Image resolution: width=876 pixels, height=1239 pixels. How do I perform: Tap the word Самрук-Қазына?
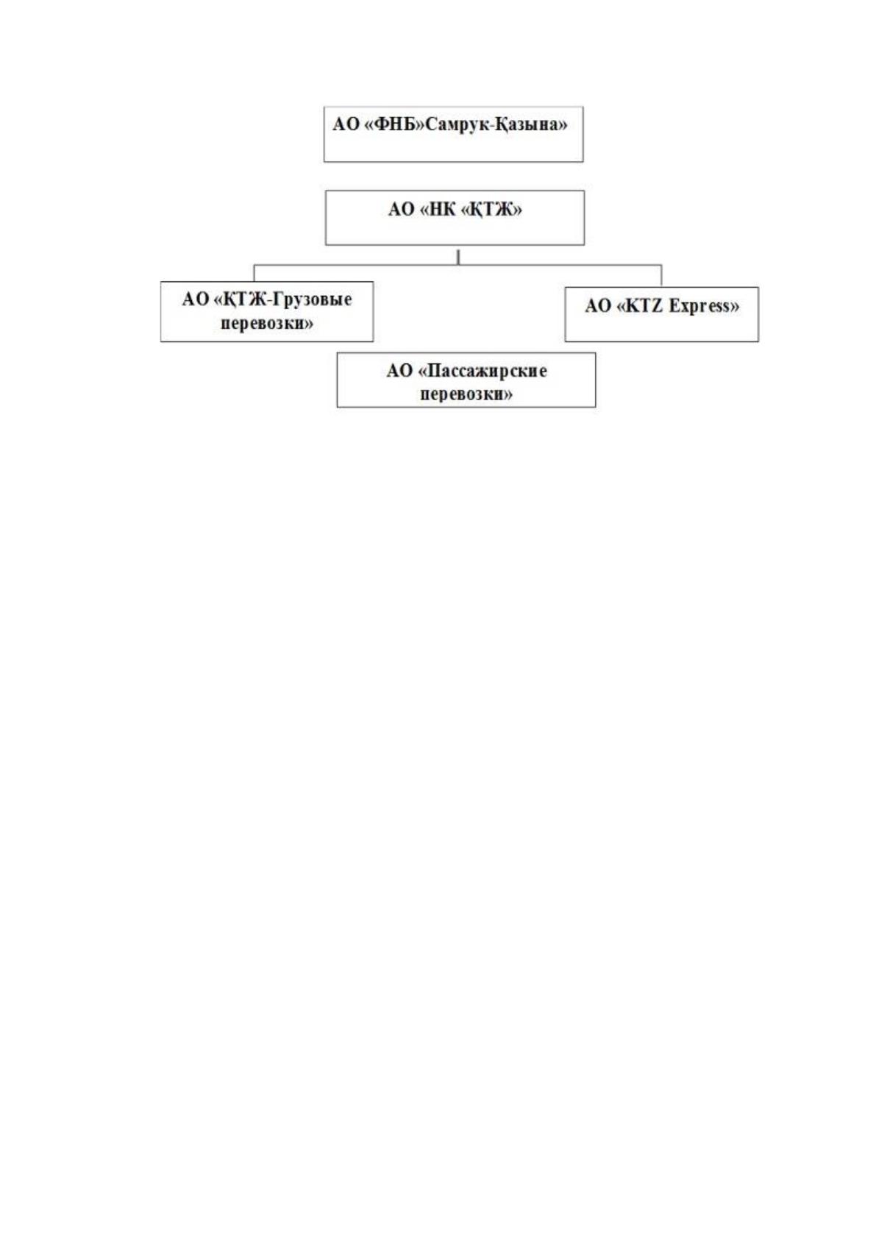click(496, 124)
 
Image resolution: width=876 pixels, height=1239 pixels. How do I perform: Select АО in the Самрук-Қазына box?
click(346, 124)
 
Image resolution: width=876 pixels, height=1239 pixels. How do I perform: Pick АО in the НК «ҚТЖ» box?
click(402, 209)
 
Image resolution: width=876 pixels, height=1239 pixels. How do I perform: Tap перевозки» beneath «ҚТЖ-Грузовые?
click(266, 323)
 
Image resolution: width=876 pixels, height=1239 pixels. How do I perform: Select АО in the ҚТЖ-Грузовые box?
click(195, 299)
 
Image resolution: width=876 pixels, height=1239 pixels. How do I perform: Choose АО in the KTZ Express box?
click(598, 306)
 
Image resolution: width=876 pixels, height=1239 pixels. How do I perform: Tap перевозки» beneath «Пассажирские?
click(466, 394)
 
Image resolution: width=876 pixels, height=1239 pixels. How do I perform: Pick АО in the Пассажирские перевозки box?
click(400, 371)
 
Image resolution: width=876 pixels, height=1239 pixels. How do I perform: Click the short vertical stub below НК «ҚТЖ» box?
click(458, 258)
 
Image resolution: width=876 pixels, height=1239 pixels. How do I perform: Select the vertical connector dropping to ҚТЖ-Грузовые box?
click(254, 273)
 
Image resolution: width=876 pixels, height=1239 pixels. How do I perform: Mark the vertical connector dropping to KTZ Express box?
click(661, 276)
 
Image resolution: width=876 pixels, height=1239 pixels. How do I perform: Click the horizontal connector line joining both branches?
click(458, 265)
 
